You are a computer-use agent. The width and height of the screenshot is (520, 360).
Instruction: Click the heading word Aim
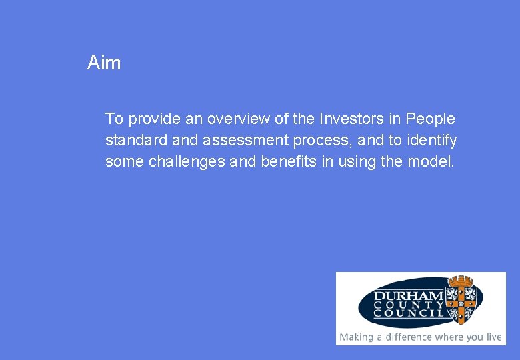coord(104,63)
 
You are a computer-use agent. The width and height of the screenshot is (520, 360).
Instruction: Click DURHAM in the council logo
coord(409,296)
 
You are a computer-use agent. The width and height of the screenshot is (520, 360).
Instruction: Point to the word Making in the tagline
coord(356,337)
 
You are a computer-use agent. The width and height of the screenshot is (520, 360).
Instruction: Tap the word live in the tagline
coord(493,337)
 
